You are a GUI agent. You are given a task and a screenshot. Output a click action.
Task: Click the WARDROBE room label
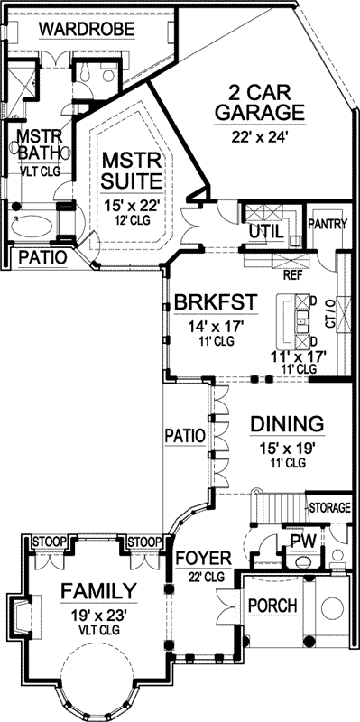(87, 31)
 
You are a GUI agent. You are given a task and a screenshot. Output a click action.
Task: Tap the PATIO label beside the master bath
(42, 257)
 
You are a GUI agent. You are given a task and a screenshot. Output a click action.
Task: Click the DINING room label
(286, 423)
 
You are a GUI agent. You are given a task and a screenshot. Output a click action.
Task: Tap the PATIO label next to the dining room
(185, 435)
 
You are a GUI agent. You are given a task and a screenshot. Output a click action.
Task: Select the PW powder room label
(300, 541)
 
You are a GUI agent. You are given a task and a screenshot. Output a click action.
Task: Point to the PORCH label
(272, 606)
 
